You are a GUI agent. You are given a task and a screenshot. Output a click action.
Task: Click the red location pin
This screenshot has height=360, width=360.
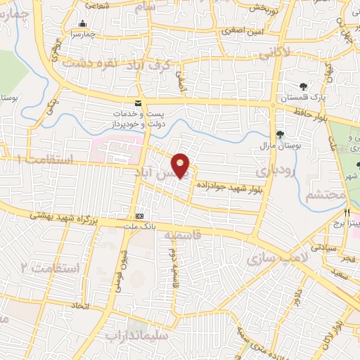[181, 165]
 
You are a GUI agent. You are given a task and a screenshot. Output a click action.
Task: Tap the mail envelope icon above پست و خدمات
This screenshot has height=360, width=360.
[139, 103]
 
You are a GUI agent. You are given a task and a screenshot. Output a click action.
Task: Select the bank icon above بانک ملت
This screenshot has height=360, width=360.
[139, 215]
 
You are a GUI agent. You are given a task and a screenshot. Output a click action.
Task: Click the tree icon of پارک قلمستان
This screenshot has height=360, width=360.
[302, 87]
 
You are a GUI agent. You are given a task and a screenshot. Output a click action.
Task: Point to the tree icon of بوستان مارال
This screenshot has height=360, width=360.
[279, 134]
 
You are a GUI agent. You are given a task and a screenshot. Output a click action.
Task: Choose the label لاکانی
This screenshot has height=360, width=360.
[274, 53]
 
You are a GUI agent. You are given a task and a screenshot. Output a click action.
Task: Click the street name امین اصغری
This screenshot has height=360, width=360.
[240, 31]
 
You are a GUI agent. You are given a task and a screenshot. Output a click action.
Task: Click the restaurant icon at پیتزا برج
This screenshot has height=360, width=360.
[347, 212]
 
